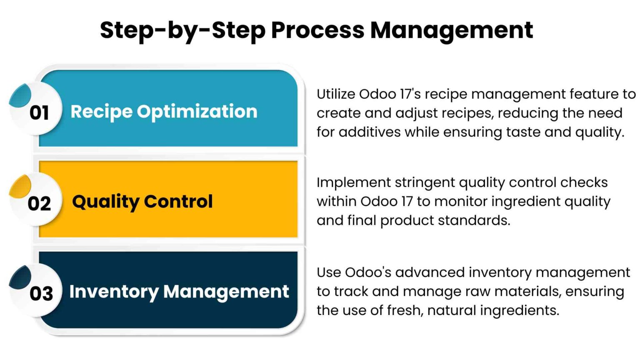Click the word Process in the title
pyautogui.click(x=317, y=30)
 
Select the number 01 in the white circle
pyautogui.click(x=39, y=112)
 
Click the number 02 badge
pyautogui.click(x=39, y=203)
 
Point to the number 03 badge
pyautogui.click(x=41, y=293)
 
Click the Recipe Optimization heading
pyautogui.click(x=164, y=111)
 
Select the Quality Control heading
pyautogui.click(x=142, y=202)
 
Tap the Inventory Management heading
pyautogui.click(x=179, y=291)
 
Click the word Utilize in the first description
pyautogui.click(x=335, y=94)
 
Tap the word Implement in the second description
pyautogui.click(x=353, y=182)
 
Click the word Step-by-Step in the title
pyautogui.click(x=182, y=30)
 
